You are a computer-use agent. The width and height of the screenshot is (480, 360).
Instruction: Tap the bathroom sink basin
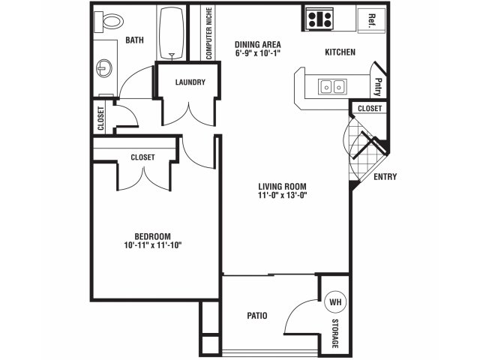click(104, 68)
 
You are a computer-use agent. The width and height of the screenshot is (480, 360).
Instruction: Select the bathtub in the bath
click(172, 32)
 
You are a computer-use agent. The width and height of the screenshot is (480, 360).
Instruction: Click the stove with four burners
click(319, 19)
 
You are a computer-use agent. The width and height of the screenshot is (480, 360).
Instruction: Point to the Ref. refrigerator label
click(372, 21)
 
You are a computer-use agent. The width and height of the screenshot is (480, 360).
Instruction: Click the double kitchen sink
click(332, 87)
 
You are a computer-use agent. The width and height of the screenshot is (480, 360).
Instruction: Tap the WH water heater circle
click(335, 301)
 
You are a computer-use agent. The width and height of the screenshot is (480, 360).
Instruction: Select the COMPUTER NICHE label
click(208, 33)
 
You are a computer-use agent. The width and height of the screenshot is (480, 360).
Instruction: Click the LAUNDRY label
click(190, 82)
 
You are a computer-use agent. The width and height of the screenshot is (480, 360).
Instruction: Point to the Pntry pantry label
click(378, 87)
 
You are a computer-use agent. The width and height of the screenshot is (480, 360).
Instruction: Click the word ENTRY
click(385, 177)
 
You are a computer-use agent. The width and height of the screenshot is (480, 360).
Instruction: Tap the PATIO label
click(256, 315)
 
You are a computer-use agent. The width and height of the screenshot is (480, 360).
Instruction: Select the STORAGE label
click(335, 333)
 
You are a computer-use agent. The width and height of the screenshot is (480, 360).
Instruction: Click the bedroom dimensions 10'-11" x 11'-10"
click(153, 245)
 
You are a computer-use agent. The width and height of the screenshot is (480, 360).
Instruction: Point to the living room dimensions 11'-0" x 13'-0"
click(282, 195)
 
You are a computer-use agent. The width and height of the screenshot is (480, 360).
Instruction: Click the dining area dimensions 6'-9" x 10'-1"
click(258, 53)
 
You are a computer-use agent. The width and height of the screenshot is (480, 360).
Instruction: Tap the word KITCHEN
click(340, 52)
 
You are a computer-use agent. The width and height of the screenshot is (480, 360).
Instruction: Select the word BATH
click(134, 40)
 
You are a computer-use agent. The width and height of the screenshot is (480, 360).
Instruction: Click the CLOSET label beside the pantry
click(370, 108)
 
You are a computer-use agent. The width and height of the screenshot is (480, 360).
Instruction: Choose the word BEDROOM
click(153, 236)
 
